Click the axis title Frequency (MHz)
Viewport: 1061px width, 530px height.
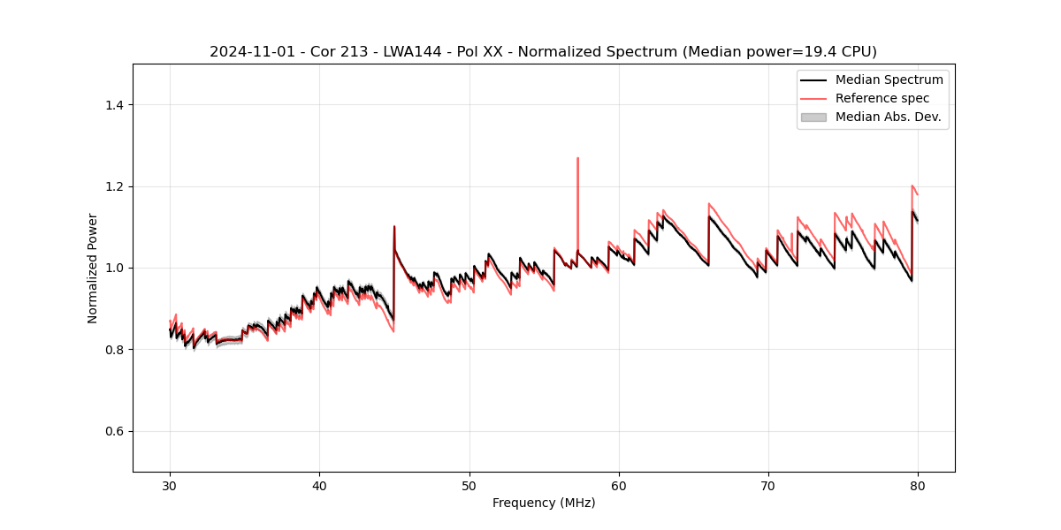click(x=544, y=503)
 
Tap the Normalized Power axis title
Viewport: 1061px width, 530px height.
click(x=92, y=268)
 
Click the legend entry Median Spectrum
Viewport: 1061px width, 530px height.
click(x=889, y=79)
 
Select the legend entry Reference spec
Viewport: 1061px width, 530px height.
click(x=882, y=98)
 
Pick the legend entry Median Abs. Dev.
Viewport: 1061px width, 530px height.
click(x=888, y=117)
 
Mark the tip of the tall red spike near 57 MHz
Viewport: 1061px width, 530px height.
click(x=577, y=158)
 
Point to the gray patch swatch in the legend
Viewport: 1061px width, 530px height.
click(x=813, y=117)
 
